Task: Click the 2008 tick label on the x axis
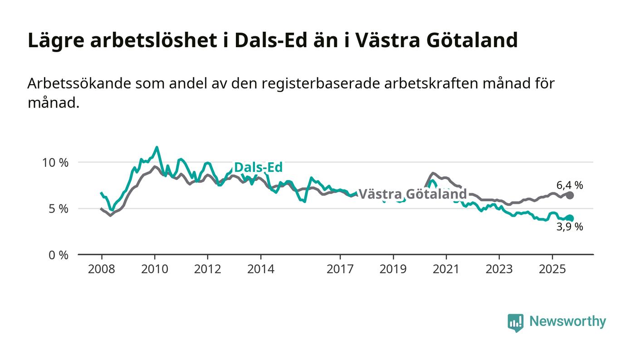[x=102, y=269]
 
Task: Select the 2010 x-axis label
[x=155, y=269]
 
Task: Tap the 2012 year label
[x=208, y=269]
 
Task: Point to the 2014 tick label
[x=261, y=269]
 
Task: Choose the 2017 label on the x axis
[x=340, y=269]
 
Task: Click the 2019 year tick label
[x=393, y=269]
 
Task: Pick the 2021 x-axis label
[x=446, y=269]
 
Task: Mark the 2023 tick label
[x=499, y=269]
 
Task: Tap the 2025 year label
[x=552, y=269]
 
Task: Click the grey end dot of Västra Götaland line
[x=570, y=195]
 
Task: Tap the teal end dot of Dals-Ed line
[x=570, y=218]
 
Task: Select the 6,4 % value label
[x=570, y=185]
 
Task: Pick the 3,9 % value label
[x=570, y=227]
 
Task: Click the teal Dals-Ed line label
[x=258, y=167]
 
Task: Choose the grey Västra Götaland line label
[x=413, y=194]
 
